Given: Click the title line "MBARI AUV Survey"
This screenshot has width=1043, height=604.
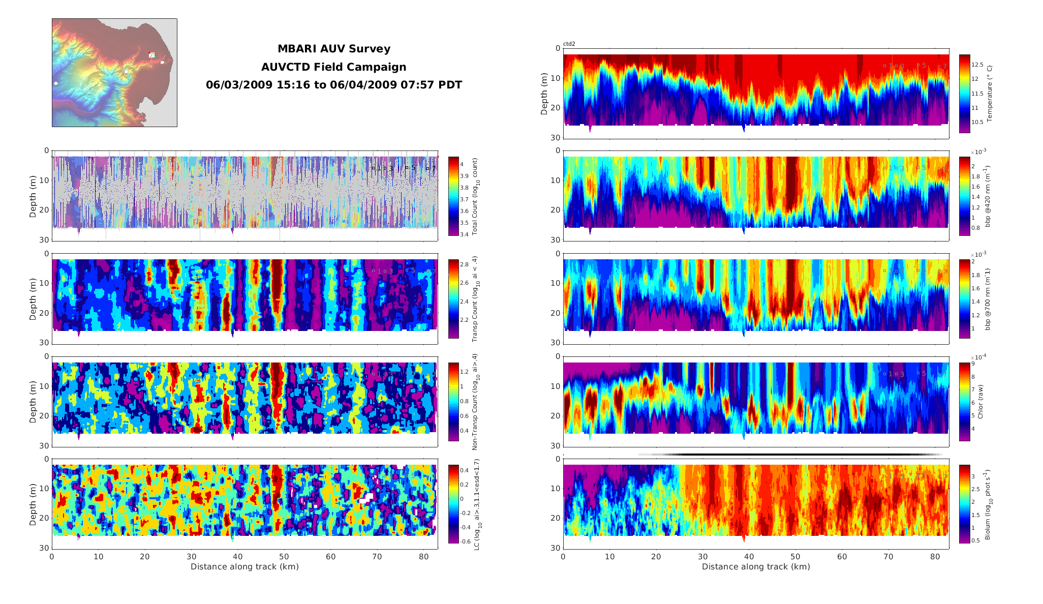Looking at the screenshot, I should coord(333,49).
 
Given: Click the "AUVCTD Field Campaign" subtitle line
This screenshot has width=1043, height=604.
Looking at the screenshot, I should coord(333,67).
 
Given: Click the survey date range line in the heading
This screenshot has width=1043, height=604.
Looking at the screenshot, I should coord(333,85).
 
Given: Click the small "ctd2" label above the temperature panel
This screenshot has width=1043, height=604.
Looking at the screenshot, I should coord(569,44).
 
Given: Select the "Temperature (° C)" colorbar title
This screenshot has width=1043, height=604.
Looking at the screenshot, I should coord(989,94).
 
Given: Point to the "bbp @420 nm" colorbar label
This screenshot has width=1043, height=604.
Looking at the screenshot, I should coord(988,196).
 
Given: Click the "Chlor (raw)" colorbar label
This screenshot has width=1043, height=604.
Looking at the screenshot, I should coord(980,401).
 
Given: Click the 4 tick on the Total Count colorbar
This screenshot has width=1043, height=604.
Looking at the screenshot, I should coord(462,164).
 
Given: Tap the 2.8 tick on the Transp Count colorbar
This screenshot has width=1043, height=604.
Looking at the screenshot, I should coord(464,264).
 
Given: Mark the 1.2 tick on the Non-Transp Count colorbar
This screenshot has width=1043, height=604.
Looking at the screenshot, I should coord(464,372).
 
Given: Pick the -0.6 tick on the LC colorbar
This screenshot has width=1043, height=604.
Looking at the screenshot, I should coord(465,541).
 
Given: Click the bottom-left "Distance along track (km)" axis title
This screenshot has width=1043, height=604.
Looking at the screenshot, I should coord(244,567).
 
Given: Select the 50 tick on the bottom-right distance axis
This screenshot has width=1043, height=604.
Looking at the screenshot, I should coord(795,557).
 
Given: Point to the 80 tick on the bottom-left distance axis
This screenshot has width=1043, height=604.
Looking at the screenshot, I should coord(424,557).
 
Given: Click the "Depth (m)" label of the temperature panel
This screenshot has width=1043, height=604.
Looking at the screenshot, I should coord(544,94).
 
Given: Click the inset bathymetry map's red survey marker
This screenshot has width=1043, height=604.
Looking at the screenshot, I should coord(151,54).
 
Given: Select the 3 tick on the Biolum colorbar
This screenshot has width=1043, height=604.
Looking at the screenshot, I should coord(973,476).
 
